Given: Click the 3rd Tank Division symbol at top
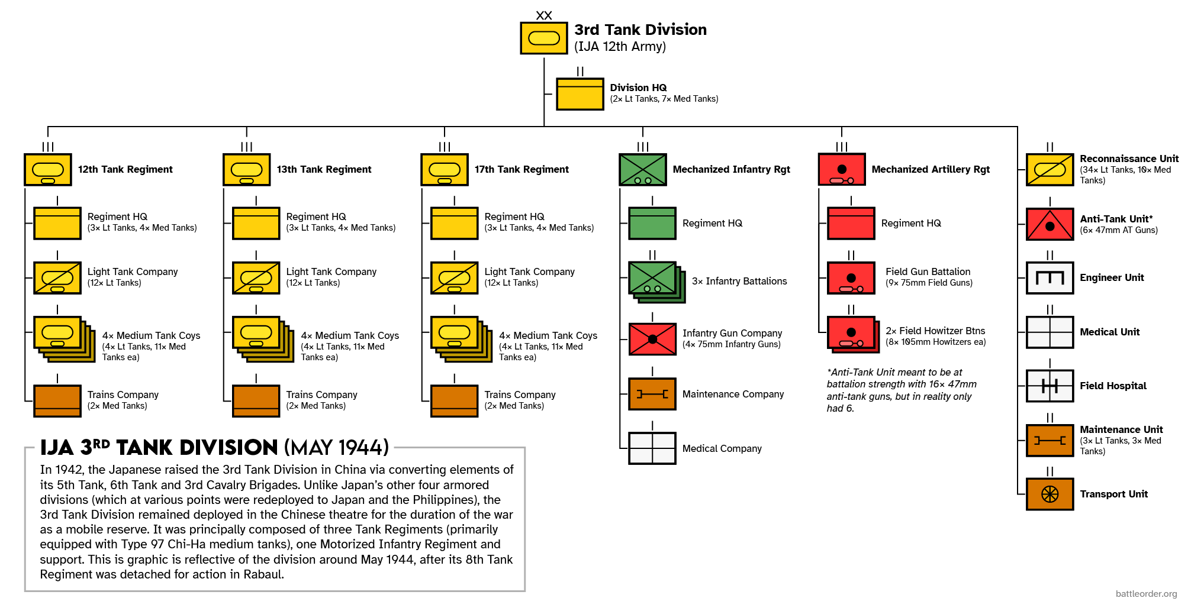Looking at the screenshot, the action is click(543, 38).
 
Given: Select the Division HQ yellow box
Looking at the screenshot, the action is click(580, 94).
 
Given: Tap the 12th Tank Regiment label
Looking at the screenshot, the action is click(125, 170).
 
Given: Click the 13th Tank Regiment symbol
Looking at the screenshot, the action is click(246, 170).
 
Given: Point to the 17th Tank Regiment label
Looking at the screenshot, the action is click(522, 170).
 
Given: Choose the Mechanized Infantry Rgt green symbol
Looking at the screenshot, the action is click(642, 170).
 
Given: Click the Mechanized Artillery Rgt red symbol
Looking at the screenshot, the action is click(841, 170).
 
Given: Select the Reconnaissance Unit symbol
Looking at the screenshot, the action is click(1050, 170).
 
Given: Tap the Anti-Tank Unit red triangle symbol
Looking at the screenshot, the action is click(1050, 224).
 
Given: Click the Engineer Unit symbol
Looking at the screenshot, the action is click(1050, 278).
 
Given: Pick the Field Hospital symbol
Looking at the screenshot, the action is click(1050, 386).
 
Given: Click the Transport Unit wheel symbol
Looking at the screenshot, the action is click(1050, 494).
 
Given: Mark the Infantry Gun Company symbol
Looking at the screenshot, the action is click(652, 339).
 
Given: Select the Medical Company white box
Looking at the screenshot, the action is click(652, 448).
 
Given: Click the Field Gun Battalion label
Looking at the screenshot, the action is click(928, 272).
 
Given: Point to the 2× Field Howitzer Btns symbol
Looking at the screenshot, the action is click(852, 334).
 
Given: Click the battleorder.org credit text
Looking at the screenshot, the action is click(1146, 594).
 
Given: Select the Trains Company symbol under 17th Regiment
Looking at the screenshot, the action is click(454, 401).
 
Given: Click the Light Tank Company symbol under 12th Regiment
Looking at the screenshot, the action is click(57, 278).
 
